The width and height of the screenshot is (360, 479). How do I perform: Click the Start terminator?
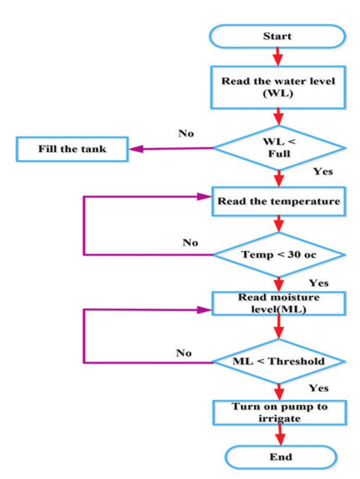click(277, 36)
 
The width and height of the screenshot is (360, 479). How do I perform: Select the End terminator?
click(281, 457)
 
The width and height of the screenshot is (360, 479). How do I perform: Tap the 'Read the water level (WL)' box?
click(278, 87)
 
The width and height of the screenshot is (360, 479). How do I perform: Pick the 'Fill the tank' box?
click(72, 149)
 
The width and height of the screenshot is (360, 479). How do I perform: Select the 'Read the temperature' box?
click(279, 201)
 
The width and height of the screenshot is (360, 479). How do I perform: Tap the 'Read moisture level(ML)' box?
click(279, 303)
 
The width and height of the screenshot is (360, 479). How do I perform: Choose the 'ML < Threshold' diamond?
click(279, 362)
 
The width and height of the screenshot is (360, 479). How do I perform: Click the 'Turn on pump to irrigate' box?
click(279, 412)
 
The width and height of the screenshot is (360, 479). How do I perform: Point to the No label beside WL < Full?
click(186, 133)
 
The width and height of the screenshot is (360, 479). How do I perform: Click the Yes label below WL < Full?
click(323, 171)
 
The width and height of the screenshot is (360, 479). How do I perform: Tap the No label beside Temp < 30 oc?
click(190, 243)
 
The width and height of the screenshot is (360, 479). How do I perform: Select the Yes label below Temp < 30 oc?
click(319, 283)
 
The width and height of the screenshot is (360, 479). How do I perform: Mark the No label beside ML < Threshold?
click(184, 353)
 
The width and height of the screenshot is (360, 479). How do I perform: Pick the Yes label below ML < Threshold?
click(319, 388)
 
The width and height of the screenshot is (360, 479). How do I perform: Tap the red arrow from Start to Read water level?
click(278, 57)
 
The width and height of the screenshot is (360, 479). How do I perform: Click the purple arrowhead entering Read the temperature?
click(205, 197)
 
